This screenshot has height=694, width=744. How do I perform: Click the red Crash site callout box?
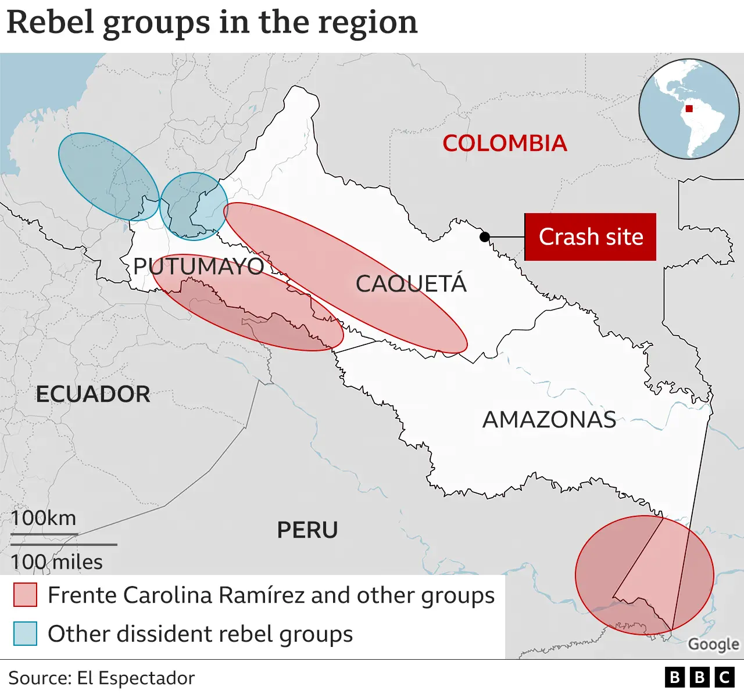coord(590,237)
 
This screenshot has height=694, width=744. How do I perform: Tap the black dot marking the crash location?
coord(484,236)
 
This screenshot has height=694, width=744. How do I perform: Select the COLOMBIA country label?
coord(505,143)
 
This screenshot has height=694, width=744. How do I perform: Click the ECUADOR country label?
coord(93,394)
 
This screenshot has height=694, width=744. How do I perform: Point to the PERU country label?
coord(307,530)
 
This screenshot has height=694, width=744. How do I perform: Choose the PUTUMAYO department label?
coord(198,267)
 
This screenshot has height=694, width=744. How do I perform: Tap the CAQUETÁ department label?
coord(411,284)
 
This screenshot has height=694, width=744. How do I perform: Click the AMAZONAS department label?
coord(549,420)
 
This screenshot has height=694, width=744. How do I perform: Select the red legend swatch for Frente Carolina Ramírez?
coord(25,595)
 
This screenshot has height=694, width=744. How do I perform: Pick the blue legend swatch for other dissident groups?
coord(25,634)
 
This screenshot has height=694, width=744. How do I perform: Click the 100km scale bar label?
coord(44,518)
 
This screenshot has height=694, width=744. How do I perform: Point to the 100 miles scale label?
coord(56,562)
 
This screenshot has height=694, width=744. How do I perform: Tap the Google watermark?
coord(713,645)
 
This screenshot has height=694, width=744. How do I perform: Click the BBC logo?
coord(699,677)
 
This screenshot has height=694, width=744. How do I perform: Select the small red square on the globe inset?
coord(689,109)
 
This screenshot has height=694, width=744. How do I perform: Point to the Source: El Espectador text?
coord(101,678)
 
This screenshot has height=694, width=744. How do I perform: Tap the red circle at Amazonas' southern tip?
coord(644,575)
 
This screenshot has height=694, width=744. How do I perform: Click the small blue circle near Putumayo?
coord(194,206)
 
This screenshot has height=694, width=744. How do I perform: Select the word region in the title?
coord(368,23)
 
